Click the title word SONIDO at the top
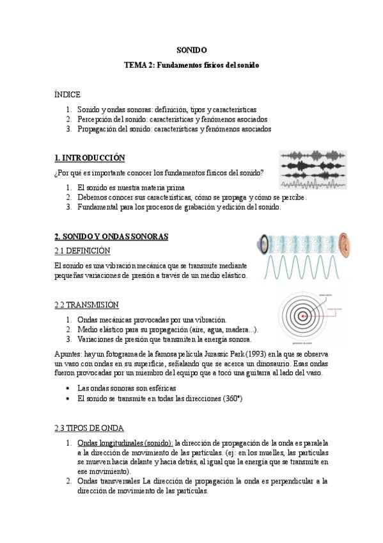pyautogui.click(x=191, y=49)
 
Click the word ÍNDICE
pyautogui.click(x=67, y=94)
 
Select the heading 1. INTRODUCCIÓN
pyautogui.click(x=90, y=158)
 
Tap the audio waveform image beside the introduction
pyautogui.click(x=313, y=169)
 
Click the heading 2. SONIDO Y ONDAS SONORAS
pyautogui.click(x=111, y=236)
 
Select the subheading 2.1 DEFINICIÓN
pyautogui.click(x=82, y=250)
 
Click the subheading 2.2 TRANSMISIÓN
pyautogui.click(x=86, y=304)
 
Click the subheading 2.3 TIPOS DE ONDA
pyautogui.click(x=89, y=428)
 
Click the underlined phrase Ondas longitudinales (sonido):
pyautogui.click(x=125, y=442)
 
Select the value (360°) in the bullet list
pyautogui.click(x=231, y=398)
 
